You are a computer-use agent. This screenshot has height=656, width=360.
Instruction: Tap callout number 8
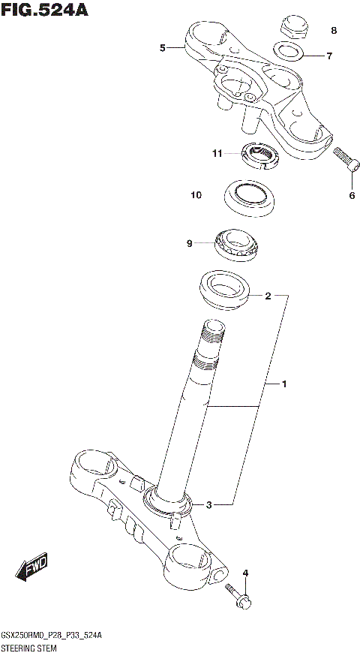[334, 31]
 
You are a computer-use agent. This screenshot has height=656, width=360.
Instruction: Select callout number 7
[329, 56]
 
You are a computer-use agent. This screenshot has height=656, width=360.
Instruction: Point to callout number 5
[162, 49]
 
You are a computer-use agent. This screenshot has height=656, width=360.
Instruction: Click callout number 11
[217, 154]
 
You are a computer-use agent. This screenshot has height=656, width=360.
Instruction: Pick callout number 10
[196, 195]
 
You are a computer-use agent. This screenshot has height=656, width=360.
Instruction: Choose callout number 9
[190, 243]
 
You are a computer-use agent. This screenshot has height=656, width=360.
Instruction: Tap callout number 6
[350, 197]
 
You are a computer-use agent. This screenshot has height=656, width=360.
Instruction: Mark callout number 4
[244, 573]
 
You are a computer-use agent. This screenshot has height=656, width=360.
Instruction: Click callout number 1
[284, 384]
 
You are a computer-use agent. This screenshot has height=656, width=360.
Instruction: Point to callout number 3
[209, 504]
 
